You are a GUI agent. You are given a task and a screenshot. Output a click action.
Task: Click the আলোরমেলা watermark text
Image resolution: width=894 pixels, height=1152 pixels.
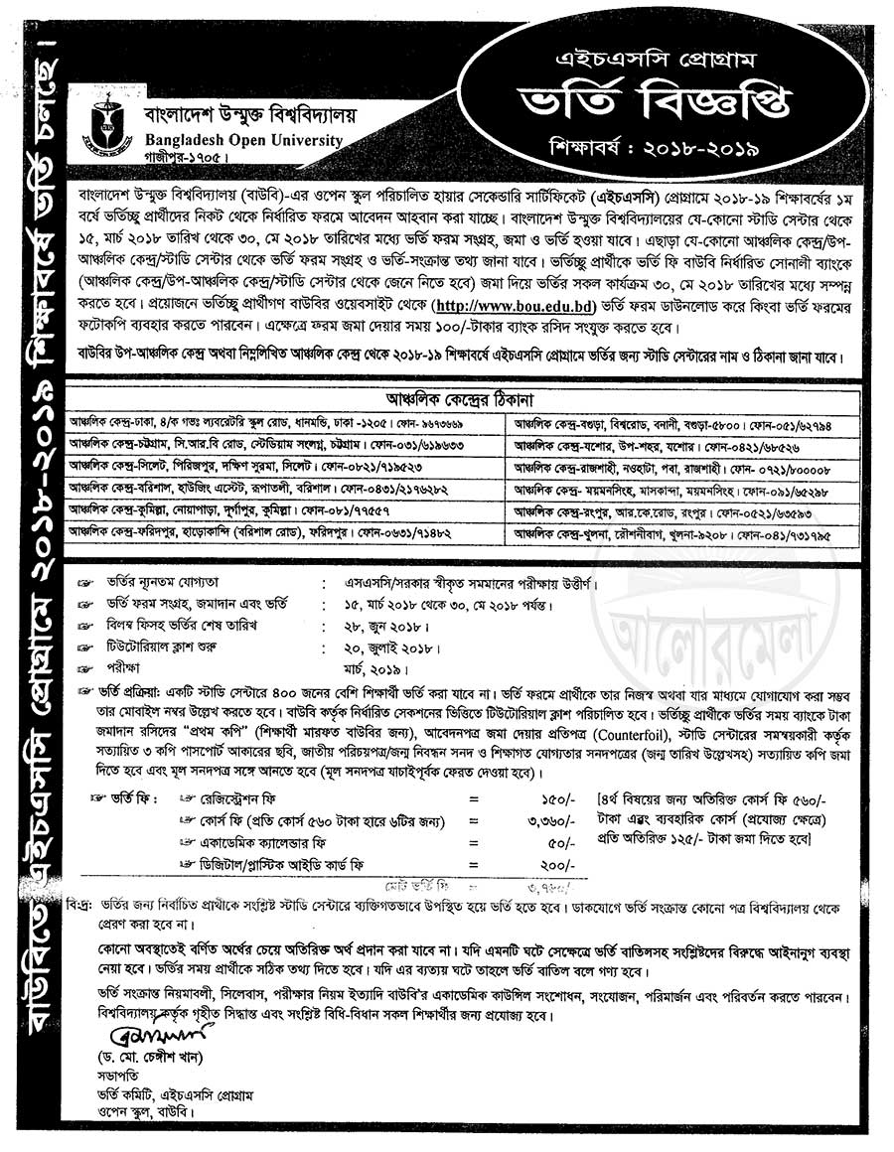(x=711, y=636)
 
